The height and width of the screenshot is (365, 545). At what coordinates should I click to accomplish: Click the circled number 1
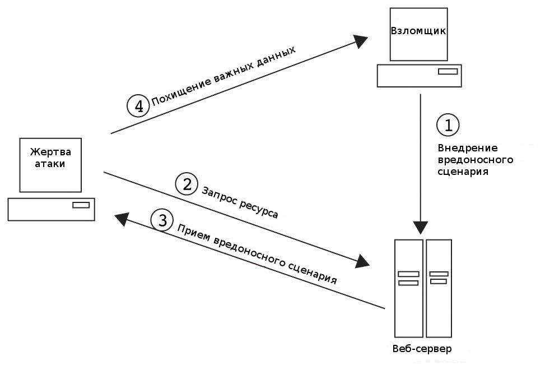(448, 124)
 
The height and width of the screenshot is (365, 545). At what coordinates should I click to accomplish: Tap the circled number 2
(187, 184)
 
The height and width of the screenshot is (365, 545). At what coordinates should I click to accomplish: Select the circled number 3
(162, 220)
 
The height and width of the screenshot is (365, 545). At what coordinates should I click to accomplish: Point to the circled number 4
(138, 106)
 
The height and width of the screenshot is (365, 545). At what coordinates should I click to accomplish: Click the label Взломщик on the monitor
(418, 31)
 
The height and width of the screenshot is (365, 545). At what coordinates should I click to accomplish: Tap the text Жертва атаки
(50, 158)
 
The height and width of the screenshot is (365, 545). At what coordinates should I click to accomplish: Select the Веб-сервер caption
(422, 349)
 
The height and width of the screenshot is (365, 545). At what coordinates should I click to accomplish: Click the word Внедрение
(468, 148)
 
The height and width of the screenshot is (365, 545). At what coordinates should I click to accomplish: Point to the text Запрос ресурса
(240, 202)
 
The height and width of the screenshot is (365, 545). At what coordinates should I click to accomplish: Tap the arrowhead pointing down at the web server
(421, 227)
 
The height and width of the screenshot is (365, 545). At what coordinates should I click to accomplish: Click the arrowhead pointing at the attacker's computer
(360, 41)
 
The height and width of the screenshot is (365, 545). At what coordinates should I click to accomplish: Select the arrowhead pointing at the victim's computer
(122, 219)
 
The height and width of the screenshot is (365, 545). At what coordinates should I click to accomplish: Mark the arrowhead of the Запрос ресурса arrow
(362, 261)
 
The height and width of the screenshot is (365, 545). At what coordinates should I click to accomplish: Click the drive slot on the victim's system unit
(81, 205)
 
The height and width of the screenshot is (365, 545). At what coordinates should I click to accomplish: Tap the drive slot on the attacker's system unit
(448, 71)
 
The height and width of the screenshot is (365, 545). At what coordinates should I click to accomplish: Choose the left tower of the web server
(409, 288)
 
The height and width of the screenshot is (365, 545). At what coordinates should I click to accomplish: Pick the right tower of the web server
(439, 288)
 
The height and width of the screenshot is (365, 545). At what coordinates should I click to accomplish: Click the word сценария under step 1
(463, 172)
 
